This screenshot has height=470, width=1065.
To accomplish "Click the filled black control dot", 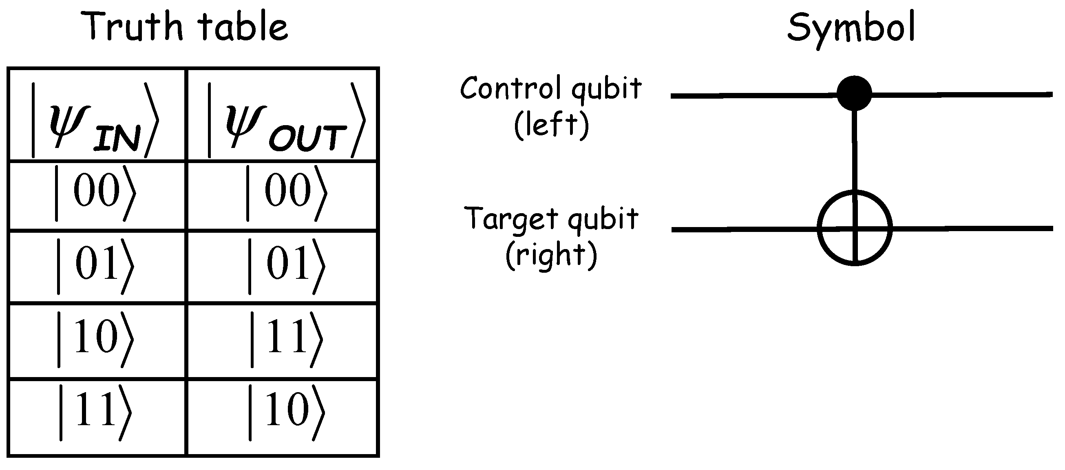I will click(854, 93).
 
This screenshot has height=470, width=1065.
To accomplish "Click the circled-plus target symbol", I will click(855, 228).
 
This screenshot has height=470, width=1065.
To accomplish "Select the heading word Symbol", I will click(851, 28).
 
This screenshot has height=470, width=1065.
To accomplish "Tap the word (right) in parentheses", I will click(551, 255).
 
